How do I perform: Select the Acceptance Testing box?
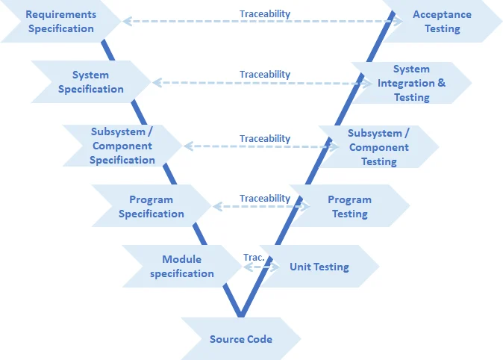point(443,22)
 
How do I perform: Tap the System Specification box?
point(90,82)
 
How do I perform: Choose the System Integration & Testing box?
point(411,83)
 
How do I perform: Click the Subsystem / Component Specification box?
point(122,146)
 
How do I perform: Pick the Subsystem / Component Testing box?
point(378,146)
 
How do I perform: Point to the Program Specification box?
point(151,206)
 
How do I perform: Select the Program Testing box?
point(349,206)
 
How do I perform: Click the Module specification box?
point(181,267)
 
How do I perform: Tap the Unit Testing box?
point(319,267)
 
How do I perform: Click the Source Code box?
point(240,339)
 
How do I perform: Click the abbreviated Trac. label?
point(254,257)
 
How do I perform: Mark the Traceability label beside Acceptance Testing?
point(265,13)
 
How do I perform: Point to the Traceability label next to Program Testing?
point(265,198)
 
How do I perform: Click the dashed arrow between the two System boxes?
point(261,83)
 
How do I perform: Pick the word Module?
point(181,259)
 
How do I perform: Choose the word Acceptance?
point(443,14)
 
